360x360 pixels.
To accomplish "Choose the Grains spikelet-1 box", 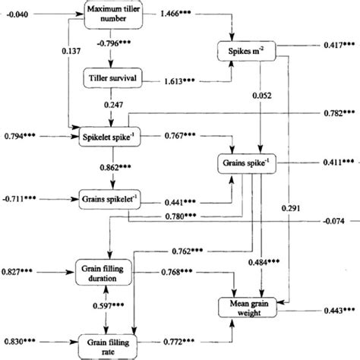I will [x=112, y=202].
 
